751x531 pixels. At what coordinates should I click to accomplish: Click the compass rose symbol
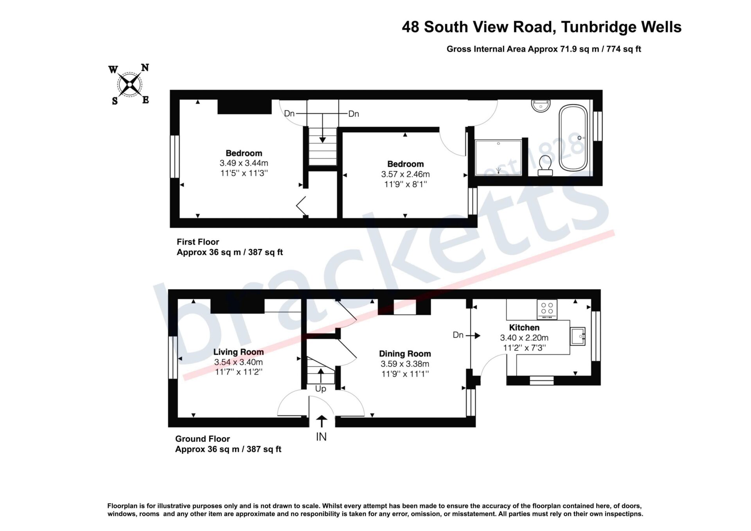[129, 85]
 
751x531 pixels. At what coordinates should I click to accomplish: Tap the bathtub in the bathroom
[573, 138]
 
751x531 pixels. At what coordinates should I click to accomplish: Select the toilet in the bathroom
[545, 166]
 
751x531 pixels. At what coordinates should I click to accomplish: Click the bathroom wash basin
[541, 106]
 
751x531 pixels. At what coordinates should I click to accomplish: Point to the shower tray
[498, 158]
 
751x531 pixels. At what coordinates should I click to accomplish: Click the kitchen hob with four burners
[547, 309]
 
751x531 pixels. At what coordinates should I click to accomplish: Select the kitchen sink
[578, 336]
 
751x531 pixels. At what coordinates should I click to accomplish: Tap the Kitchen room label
[524, 328]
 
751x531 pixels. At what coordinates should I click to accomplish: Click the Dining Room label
[405, 354]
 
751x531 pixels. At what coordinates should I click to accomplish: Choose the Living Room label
[239, 352]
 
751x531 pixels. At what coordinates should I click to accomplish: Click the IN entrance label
[321, 437]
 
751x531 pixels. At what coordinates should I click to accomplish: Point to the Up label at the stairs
[321, 389]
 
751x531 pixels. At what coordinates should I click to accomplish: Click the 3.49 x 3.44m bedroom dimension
[244, 163]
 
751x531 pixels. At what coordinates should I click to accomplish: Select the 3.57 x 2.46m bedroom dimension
[406, 174]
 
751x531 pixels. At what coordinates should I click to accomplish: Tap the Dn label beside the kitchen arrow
[458, 335]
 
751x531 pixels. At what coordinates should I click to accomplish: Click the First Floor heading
[198, 242]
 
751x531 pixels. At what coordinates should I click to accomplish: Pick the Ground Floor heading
[203, 439]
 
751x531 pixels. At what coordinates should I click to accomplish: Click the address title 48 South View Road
[542, 27]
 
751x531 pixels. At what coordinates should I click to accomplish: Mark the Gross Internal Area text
[544, 49]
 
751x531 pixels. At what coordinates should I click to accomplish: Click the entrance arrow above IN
[322, 421]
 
